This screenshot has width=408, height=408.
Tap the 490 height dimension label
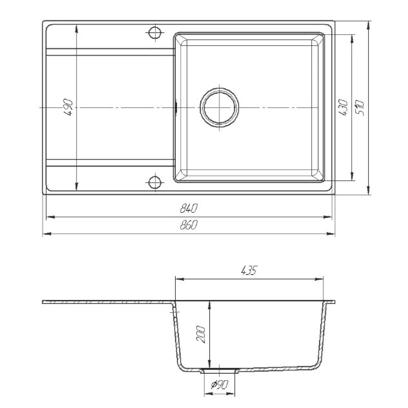[x=69, y=107]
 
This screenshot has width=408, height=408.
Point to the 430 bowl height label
[x=344, y=107]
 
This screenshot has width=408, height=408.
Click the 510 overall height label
[x=360, y=107]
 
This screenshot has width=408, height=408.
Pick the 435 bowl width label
[x=249, y=271]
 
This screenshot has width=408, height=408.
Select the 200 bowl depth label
[x=201, y=335]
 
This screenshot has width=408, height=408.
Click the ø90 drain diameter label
[x=220, y=384]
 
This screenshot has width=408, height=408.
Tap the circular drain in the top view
[x=220, y=107]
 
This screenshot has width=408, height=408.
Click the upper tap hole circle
[x=155, y=32]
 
